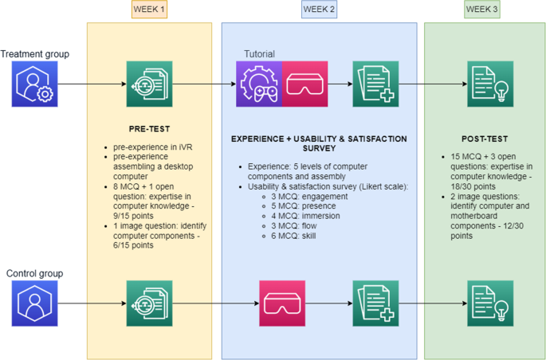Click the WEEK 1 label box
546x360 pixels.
pyautogui.click(x=149, y=10)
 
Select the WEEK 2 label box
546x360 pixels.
pyautogui.click(x=319, y=10)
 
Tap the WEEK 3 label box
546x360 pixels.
pyautogui.click(x=484, y=10)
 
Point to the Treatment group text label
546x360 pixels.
pyautogui.click(x=35, y=54)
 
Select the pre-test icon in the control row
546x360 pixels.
pyautogui.click(x=149, y=303)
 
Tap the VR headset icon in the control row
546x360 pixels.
pyautogui.click(x=281, y=303)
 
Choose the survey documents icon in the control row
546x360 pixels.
pyautogui.click(x=375, y=303)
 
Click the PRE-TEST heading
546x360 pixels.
pyautogui.click(x=149, y=127)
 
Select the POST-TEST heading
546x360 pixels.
pyautogui.click(x=484, y=137)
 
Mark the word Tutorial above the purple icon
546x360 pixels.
pyautogui.click(x=259, y=54)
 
